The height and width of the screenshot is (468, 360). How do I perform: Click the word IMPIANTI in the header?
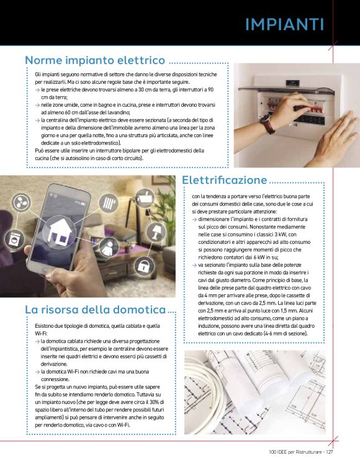284,24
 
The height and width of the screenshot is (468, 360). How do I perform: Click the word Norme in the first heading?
43,60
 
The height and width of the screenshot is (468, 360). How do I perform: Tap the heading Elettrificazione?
225,179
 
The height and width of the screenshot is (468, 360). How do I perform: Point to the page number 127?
329,452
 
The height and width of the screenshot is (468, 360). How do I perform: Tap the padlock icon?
144,266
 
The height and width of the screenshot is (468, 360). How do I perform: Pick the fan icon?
21,202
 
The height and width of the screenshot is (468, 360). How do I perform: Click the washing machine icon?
14,239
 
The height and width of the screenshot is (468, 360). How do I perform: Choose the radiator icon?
109,203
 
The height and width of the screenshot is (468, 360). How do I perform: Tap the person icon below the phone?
109,248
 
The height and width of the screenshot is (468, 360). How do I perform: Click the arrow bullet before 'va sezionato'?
194,265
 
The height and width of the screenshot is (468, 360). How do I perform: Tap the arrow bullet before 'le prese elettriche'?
37,90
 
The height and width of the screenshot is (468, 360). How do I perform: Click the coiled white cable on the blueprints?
203,397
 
